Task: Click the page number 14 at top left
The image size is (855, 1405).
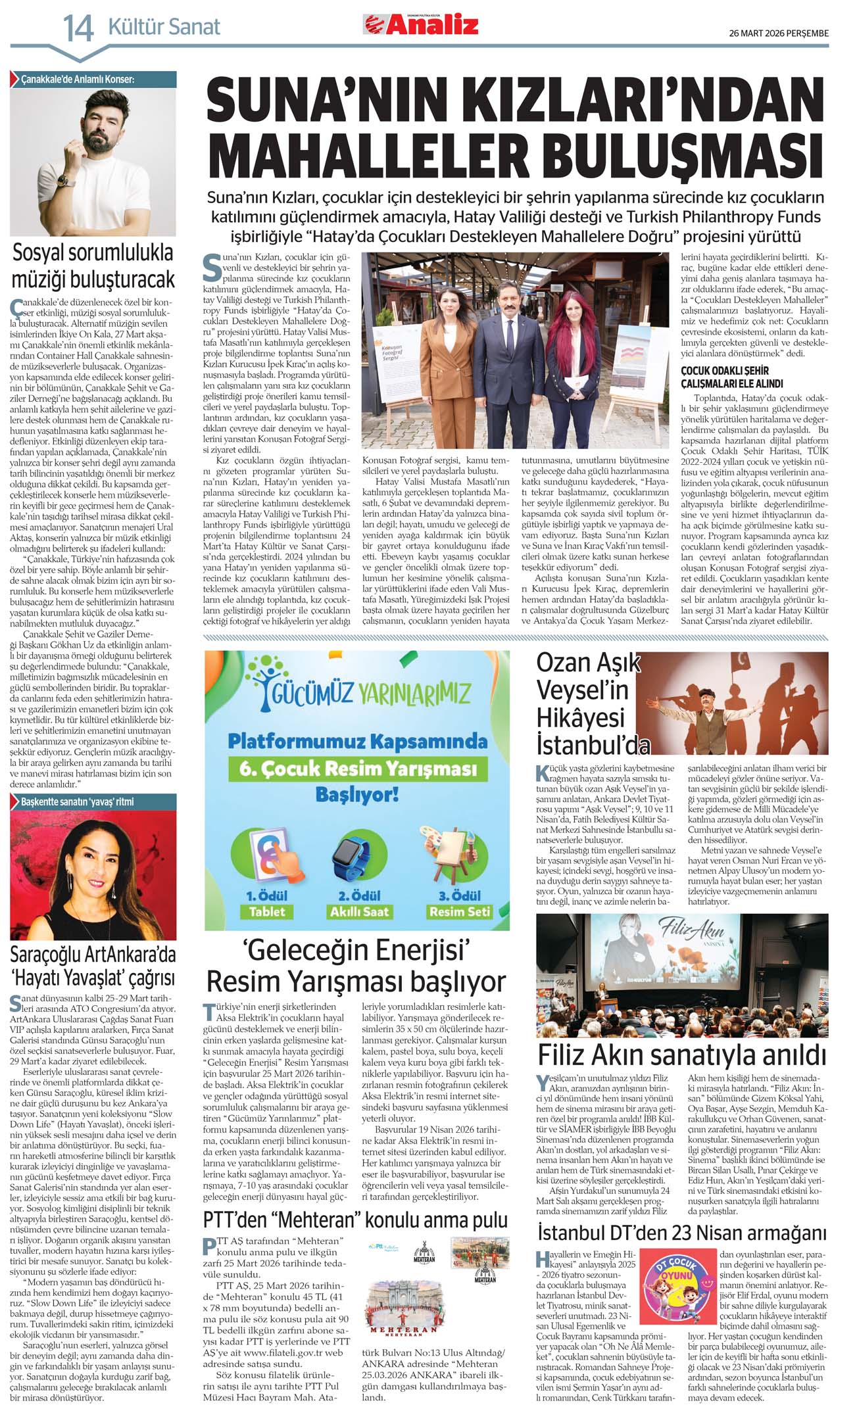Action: [78, 28]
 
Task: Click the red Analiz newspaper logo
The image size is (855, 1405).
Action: [421, 25]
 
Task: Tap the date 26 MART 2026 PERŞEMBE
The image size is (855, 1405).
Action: [779, 33]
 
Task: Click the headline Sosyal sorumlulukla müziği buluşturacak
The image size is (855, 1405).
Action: [93, 266]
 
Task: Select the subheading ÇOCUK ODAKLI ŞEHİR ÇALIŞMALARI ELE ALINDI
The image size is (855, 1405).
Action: [732, 377]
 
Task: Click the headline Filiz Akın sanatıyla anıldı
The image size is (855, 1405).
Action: [681, 1055]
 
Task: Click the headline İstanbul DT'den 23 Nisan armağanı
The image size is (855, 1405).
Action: [681, 1232]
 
